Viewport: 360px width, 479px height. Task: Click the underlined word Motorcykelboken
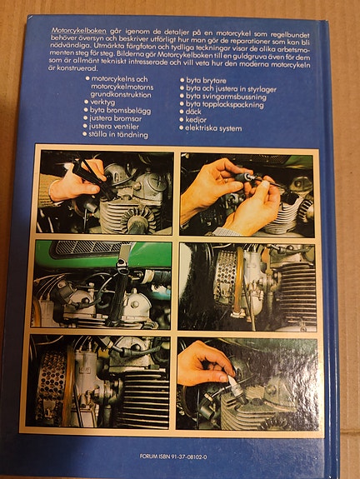(79, 31)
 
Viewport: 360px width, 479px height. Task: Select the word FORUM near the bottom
(147, 457)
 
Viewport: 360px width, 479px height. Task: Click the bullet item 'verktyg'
(100, 102)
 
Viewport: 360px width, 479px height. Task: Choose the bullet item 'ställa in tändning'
(115, 134)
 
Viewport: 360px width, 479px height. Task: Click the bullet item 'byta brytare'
(203, 81)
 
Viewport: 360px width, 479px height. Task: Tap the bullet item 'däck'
(190, 112)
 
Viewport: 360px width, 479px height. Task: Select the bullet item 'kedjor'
(192, 120)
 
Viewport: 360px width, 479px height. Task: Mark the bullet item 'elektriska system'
(211, 128)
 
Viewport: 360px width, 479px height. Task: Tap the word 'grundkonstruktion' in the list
(121, 95)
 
